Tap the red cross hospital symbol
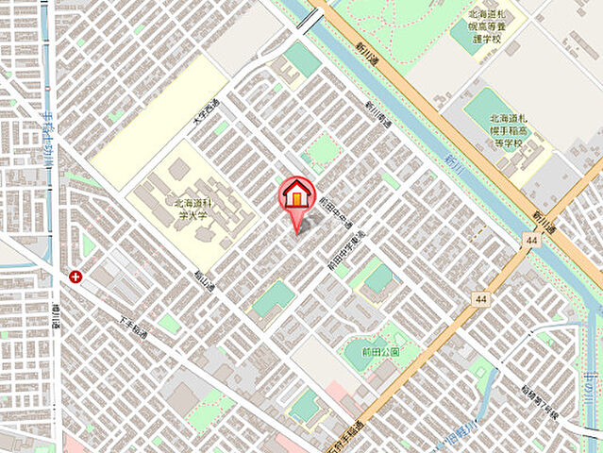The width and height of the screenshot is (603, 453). point(75,277)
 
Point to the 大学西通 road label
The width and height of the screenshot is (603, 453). point(207,115)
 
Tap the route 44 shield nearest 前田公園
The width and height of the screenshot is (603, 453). point(481,299)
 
